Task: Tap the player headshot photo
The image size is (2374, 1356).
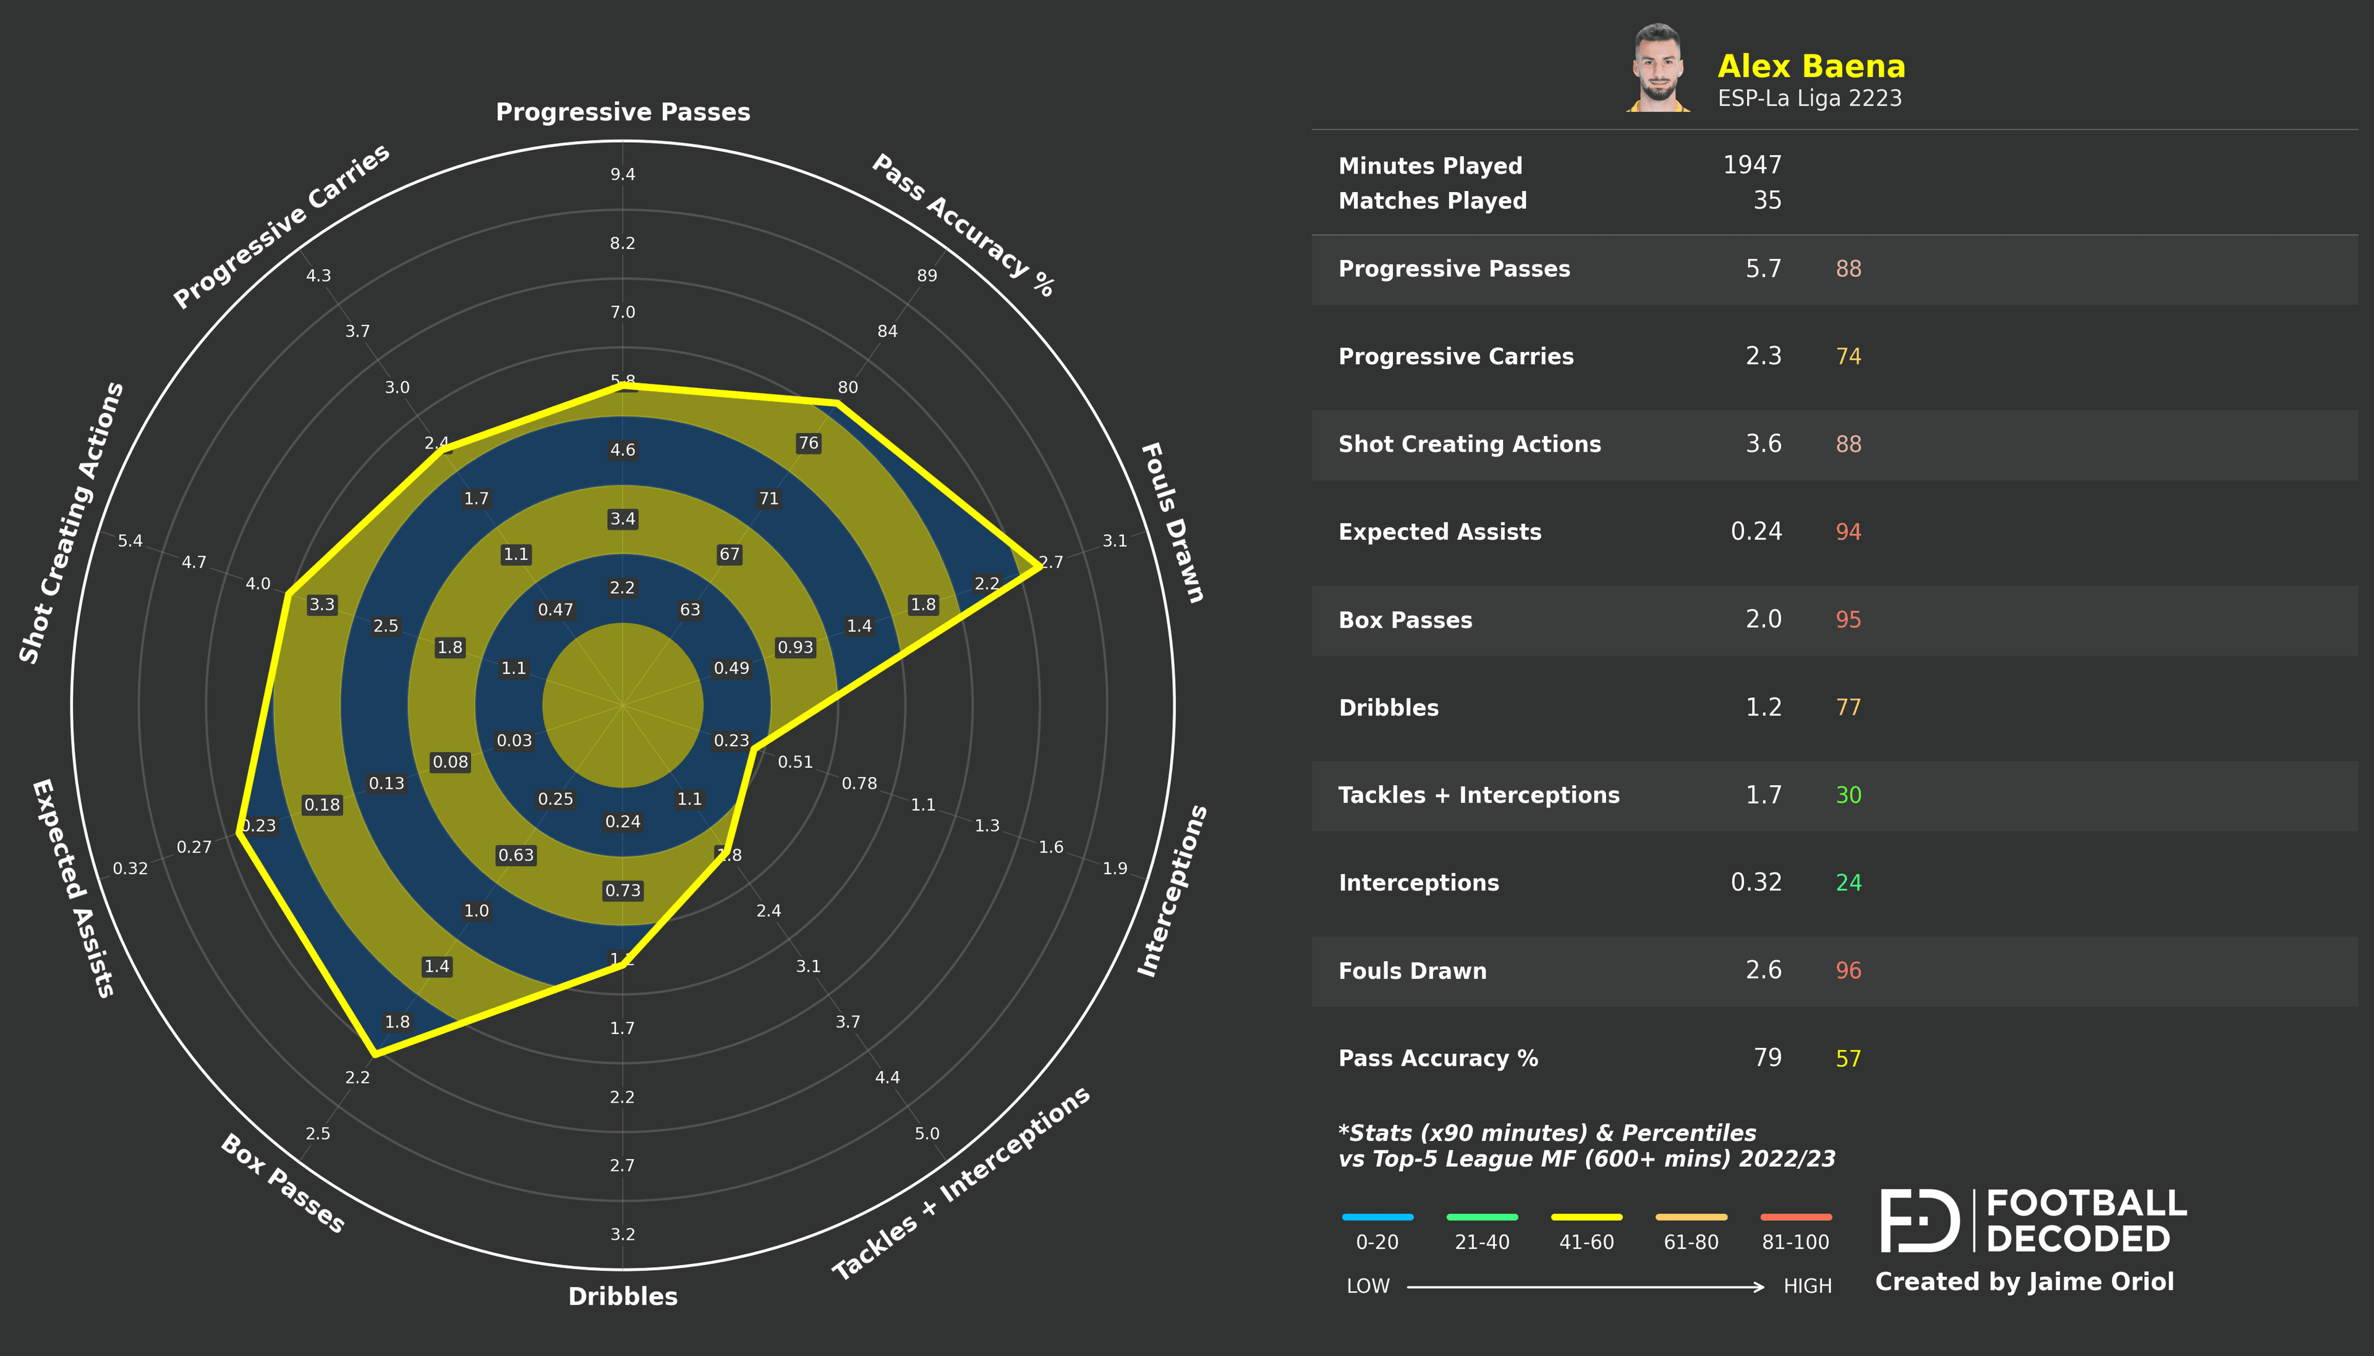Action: (1659, 68)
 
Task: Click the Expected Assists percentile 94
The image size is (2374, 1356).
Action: (1848, 532)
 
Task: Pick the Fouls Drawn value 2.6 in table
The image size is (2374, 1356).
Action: (1763, 971)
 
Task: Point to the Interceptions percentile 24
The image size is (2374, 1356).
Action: (1848, 883)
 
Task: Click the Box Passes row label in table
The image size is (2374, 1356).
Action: (1405, 620)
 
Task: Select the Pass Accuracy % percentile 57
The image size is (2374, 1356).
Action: (1848, 1059)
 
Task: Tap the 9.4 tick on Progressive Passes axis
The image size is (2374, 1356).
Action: (623, 175)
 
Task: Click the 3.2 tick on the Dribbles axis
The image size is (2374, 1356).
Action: (623, 1234)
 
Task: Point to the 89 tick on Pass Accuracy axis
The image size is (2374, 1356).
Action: (927, 276)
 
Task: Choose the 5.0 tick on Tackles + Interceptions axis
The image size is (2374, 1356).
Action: (927, 1134)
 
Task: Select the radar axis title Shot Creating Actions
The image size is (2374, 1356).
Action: (71, 523)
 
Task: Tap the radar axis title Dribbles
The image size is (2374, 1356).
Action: (623, 1297)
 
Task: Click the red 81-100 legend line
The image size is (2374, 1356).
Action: (1795, 1217)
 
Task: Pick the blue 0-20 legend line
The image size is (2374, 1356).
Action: (1377, 1217)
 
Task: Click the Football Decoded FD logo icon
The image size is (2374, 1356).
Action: (1920, 1220)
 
